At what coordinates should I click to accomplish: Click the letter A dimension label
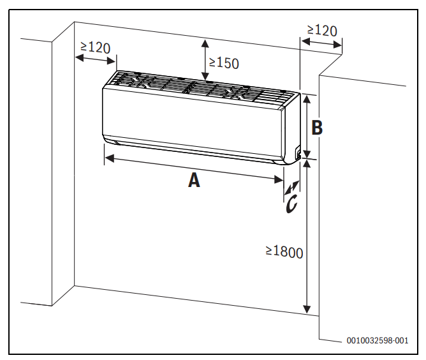(x=194, y=181)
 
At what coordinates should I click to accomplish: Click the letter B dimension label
(x=316, y=128)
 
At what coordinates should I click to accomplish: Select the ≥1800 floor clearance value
(x=284, y=252)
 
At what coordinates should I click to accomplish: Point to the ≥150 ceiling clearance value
(x=223, y=63)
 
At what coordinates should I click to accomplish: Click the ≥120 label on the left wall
(x=96, y=47)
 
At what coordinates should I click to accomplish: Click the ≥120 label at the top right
(x=322, y=30)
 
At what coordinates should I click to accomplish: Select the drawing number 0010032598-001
(x=378, y=341)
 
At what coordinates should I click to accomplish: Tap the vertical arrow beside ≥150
(x=205, y=57)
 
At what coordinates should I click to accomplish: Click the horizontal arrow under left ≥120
(x=96, y=59)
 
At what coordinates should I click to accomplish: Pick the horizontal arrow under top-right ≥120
(x=321, y=43)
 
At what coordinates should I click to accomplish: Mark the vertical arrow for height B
(x=307, y=126)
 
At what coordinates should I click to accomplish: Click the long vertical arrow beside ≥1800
(x=308, y=236)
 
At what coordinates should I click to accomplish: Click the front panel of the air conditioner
(x=191, y=118)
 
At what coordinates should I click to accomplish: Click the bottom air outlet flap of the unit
(x=191, y=147)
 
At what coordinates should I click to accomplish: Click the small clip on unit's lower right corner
(x=297, y=153)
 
